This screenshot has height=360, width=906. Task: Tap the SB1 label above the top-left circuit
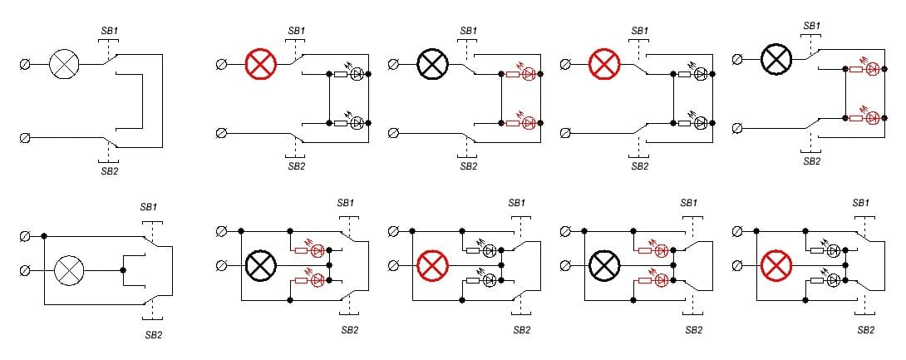pos(110,31)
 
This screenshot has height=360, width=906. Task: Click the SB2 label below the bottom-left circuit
pos(154,334)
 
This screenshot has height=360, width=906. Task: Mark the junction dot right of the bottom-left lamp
pos(123,269)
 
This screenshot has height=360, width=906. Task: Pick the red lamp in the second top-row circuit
pos(260,64)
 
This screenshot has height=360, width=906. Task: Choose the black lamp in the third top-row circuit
pos(432,64)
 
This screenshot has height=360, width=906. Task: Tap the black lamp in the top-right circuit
pos(776,59)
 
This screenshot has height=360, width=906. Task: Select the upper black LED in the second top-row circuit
pos(357,74)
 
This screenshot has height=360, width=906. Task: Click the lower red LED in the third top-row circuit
pos(529,123)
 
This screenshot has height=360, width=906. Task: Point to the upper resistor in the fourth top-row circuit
pos(684,74)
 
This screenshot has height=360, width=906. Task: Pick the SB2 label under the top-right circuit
pos(811,160)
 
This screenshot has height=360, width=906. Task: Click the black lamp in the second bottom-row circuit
pos(261,266)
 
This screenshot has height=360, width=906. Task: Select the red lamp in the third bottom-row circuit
pos(431,266)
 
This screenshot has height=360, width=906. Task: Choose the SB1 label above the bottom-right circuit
pos(861,203)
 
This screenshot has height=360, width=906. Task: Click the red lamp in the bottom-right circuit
pos(776,266)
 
